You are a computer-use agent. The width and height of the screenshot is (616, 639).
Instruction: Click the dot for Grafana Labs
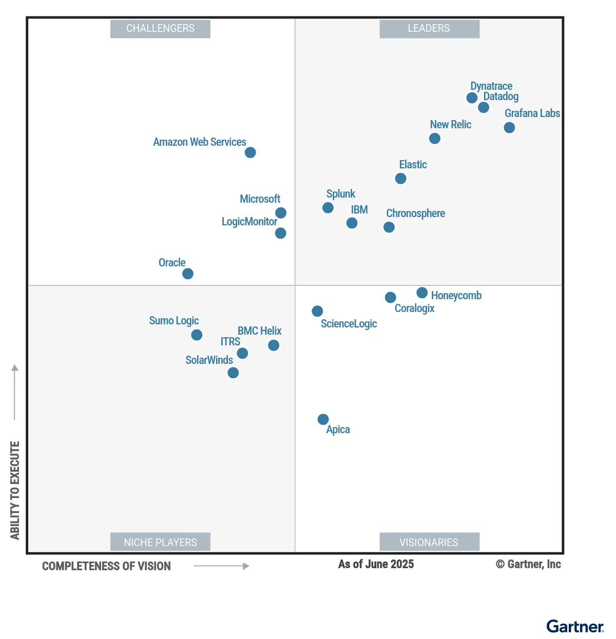pyautogui.click(x=509, y=127)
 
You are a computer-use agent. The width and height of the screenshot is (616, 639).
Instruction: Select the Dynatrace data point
pyautogui.click(x=472, y=98)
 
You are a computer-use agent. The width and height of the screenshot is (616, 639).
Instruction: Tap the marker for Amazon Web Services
pyautogui.click(x=250, y=152)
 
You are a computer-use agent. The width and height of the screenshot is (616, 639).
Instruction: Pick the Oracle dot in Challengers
pyautogui.click(x=188, y=274)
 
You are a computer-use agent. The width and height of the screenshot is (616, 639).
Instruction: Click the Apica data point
pyautogui.click(x=323, y=419)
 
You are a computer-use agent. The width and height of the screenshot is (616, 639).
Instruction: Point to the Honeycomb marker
pyautogui.click(x=422, y=293)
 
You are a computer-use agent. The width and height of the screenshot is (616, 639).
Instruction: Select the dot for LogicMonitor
pyautogui.click(x=280, y=233)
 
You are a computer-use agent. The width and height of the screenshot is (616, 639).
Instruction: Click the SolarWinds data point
pyautogui.click(x=233, y=373)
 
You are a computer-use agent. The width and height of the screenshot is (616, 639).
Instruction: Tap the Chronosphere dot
pyautogui.click(x=389, y=227)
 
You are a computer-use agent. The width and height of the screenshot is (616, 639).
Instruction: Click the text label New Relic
pyautogui.click(x=450, y=125)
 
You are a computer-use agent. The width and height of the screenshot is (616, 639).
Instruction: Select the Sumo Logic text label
pyautogui.click(x=174, y=321)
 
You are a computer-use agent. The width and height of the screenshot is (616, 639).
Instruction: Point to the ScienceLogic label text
pyautogui.click(x=349, y=324)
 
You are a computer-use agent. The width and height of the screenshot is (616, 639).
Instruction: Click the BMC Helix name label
pyautogui.click(x=259, y=331)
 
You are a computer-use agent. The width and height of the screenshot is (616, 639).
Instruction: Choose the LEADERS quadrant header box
pyautogui.click(x=429, y=29)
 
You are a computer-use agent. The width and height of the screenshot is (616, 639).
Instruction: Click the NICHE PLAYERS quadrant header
pyautogui.click(x=160, y=542)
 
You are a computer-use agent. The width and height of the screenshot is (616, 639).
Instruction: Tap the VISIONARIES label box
pyautogui.click(x=429, y=542)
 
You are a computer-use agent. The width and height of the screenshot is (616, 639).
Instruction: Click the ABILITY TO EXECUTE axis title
pyautogui.click(x=15, y=490)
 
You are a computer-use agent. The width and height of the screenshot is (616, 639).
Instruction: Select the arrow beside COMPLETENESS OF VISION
pyautogui.click(x=221, y=566)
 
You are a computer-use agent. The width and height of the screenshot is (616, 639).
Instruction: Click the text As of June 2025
pyautogui.click(x=376, y=565)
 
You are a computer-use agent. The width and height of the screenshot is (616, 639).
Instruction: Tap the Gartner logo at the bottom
pyautogui.click(x=575, y=627)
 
